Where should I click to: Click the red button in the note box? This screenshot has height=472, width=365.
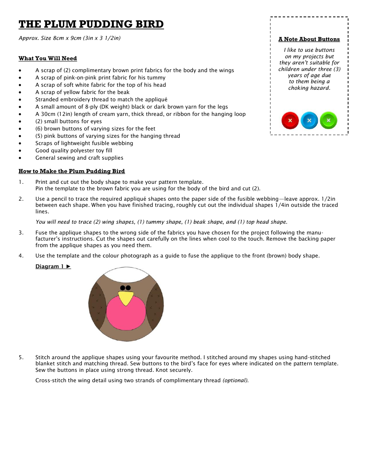click(290, 120)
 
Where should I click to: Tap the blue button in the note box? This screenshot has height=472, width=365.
click(309, 120)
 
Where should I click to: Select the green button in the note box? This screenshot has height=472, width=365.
click(328, 120)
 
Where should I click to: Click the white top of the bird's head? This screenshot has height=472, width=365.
click(126, 275)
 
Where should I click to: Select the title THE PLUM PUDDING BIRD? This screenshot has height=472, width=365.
click(91, 24)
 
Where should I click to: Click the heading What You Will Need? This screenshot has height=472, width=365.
click(48, 58)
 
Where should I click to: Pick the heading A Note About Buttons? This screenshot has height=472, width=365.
click(309, 39)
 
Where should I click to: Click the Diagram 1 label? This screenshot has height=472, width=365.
click(53, 266)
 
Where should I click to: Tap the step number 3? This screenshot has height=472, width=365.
click(21, 233)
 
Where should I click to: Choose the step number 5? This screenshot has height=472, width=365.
click(21, 357)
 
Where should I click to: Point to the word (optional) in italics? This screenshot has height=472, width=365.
click(236, 380)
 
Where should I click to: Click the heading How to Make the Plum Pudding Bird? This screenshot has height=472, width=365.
click(71, 171)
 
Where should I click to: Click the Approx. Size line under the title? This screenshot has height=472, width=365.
click(70, 38)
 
